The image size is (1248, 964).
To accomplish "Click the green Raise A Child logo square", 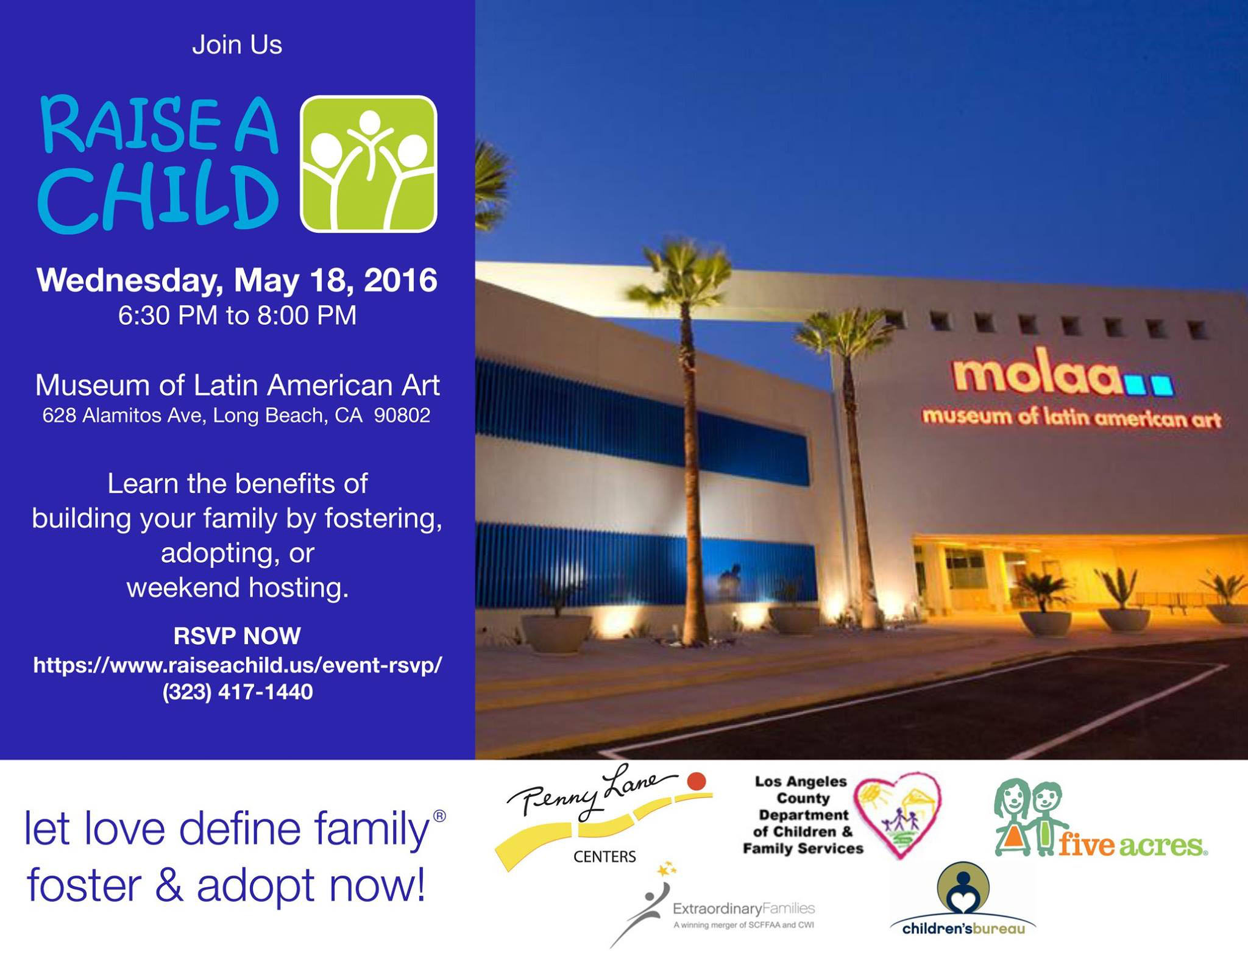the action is tap(369, 164).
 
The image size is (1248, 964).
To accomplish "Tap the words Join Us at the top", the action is tap(237, 45).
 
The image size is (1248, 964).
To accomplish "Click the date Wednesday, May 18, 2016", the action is tap(237, 281).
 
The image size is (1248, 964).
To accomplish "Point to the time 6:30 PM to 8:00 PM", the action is tap(237, 316).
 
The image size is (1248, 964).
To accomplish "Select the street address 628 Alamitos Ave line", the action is tap(236, 416).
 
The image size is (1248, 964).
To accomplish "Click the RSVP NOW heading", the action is tap(237, 636).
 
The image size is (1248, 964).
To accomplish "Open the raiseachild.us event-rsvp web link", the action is tap(238, 665).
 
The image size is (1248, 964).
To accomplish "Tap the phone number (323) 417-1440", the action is tap(238, 692).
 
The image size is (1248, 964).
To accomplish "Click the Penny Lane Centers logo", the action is tap(603, 817).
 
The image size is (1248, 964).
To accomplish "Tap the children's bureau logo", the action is tap(963, 898).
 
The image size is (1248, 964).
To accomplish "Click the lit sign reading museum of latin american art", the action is tap(1071, 417).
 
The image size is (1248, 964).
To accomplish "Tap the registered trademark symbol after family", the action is tap(439, 816).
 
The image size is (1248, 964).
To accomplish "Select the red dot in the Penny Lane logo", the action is tap(697, 781).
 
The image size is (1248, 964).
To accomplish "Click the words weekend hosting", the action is tap(238, 587).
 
